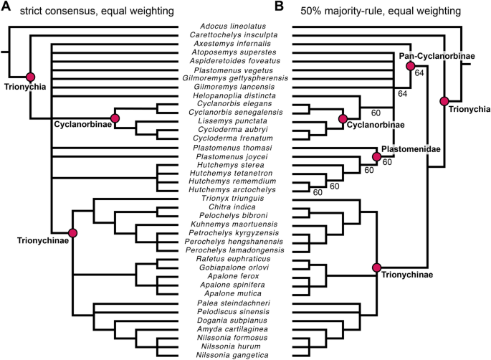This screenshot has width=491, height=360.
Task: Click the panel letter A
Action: point(7,9)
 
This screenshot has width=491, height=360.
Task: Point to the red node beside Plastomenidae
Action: point(376,156)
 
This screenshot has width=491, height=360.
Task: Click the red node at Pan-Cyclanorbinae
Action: point(411,66)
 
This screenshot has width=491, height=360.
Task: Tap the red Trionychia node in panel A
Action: point(30,77)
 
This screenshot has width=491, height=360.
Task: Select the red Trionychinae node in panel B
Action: point(376,267)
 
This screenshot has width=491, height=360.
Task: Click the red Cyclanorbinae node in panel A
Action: point(114,117)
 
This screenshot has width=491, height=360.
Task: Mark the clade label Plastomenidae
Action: point(411,149)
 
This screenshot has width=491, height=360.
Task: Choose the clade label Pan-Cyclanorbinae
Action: point(428,55)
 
